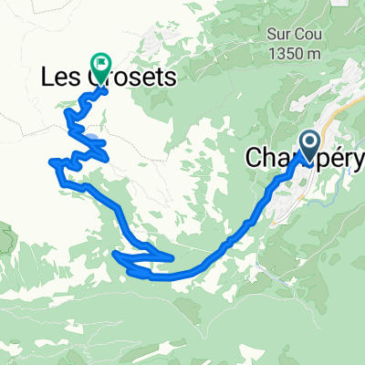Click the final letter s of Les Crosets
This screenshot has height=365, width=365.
[170, 81]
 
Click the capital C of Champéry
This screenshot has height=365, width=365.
[256, 158]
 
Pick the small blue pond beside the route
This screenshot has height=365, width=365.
[94, 140]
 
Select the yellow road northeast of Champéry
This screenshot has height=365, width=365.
[339, 113]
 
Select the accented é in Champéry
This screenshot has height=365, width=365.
[332, 158]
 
